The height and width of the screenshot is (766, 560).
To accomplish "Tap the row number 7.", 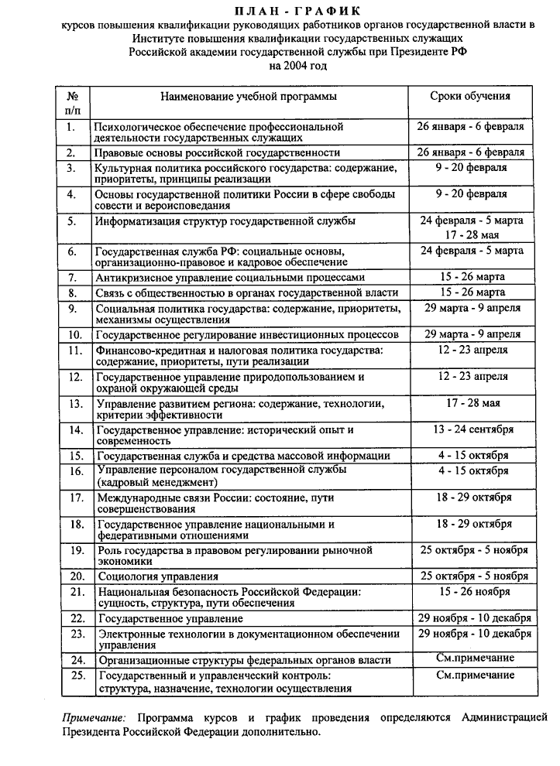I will click(72, 276).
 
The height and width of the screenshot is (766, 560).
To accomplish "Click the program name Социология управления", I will click(157, 576).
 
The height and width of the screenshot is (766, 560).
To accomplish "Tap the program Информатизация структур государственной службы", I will click(225, 221).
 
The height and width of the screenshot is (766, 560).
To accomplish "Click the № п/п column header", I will click(73, 104).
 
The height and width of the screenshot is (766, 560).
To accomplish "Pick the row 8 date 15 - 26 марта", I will click(472, 292).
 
